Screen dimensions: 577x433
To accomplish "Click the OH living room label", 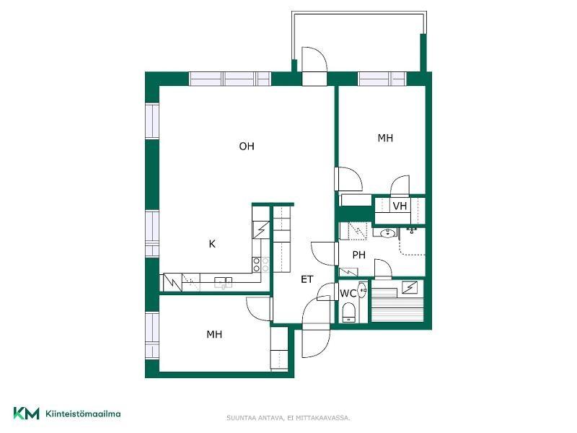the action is click(x=247, y=146).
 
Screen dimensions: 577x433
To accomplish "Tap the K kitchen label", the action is click(x=212, y=244).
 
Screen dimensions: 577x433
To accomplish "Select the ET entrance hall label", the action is click(x=307, y=279).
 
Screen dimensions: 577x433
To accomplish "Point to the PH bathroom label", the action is click(x=358, y=255).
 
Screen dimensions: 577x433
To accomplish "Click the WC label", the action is click(x=348, y=294).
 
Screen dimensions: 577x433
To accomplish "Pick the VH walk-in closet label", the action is click(x=400, y=206).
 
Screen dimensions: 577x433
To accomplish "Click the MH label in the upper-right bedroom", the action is click(x=385, y=138).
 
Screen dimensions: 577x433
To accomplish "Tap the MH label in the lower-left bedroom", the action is click(x=214, y=334).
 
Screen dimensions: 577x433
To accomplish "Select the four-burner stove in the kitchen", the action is click(x=260, y=265).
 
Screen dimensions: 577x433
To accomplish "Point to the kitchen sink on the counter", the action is click(x=224, y=282).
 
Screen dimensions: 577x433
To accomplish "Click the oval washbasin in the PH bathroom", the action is click(x=387, y=232).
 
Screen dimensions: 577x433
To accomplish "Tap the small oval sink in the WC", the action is click(x=363, y=290).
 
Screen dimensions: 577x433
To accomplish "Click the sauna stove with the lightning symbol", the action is click(x=410, y=287).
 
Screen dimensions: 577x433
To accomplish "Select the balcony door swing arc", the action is click(x=315, y=58).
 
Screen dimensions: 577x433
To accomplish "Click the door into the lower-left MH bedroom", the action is click(x=260, y=309).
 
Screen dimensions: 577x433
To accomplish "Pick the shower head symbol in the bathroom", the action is click(x=411, y=231).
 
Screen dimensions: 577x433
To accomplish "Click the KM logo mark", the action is click(x=26, y=413).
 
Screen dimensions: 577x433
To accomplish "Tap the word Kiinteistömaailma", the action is click(x=83, y=414).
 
